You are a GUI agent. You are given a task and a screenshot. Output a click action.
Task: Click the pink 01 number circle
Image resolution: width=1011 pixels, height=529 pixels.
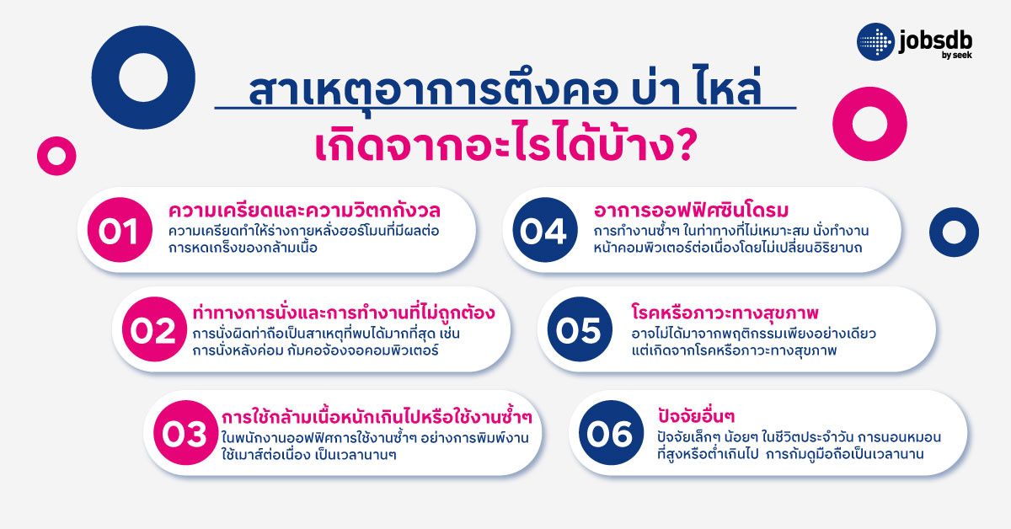click(x=118, y=232)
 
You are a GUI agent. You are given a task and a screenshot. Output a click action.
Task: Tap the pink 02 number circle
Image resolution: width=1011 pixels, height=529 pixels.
click(x=154, y=331)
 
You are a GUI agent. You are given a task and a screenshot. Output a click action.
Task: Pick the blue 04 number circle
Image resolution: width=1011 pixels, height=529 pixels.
click(x=543, y=232)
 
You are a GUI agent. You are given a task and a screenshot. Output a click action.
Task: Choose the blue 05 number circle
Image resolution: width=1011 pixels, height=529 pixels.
click(x=579, y=331)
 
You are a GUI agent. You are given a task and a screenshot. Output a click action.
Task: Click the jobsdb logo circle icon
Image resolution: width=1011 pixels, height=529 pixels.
click(x=876, y=42)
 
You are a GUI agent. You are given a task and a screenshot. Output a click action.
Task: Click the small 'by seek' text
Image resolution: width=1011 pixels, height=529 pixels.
click(x=963, y=56)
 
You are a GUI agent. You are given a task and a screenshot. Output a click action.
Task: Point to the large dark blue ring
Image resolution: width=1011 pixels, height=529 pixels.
click(x=143, y=77)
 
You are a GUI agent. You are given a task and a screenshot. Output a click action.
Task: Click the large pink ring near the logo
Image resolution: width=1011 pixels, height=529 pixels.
click(x=869, y=123)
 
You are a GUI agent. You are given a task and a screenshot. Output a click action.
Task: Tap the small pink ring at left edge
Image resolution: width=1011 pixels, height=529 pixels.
click(x=56, y=155)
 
